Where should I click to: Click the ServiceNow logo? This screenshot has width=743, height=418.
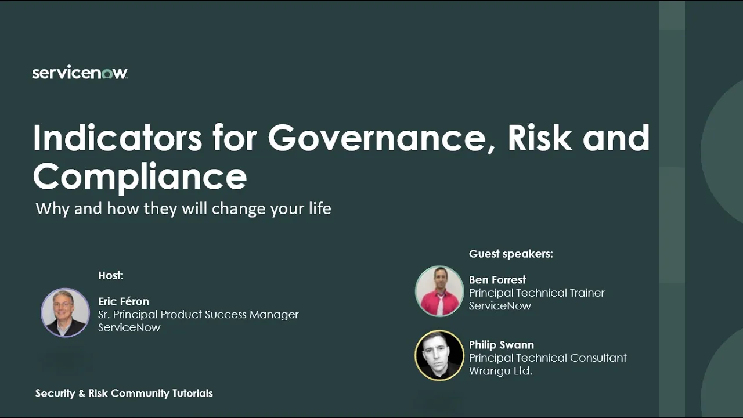pyautogui.click(x=80, y=73)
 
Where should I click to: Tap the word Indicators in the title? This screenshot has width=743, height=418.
pyautogui.click(x=117, y=138)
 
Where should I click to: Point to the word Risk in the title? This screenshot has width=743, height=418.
pyautogui.click(x=540, y=138)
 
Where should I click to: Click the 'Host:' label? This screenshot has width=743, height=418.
pyautogui.click(x=111, y=275)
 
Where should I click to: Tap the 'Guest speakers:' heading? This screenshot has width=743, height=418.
pyautogui.click(x=511, y=254)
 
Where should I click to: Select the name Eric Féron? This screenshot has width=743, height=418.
pyautogui.click(x=124, y=301)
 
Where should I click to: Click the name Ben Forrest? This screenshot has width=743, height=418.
pyautogui.click(x=497, y=280)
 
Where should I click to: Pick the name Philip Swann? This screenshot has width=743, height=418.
pyautogui.click(x=502, y=345)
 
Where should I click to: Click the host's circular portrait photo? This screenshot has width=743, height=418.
pyautogui.click(x=65, y=312)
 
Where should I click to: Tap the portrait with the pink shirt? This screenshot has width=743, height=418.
pyautogui.click(x=439, y=291)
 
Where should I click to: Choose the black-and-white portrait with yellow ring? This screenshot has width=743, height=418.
pyautogui.click(x=439, y=355)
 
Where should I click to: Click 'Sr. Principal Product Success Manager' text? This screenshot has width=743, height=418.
pyautogui.click(x=199, y=314)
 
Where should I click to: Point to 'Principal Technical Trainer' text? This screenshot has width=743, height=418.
pyautogui.click(x=537, y=293)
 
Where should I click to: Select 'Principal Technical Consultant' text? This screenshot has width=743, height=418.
pyautogui.click(x=548, y=358)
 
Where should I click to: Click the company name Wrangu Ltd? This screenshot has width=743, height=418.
pyautogui.click(x=500, y=370)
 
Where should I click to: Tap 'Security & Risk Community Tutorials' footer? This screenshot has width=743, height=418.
pyautogui.click(x=124, y=393)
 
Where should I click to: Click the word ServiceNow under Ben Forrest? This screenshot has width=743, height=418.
pyautogui.click(x=500, y=305)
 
